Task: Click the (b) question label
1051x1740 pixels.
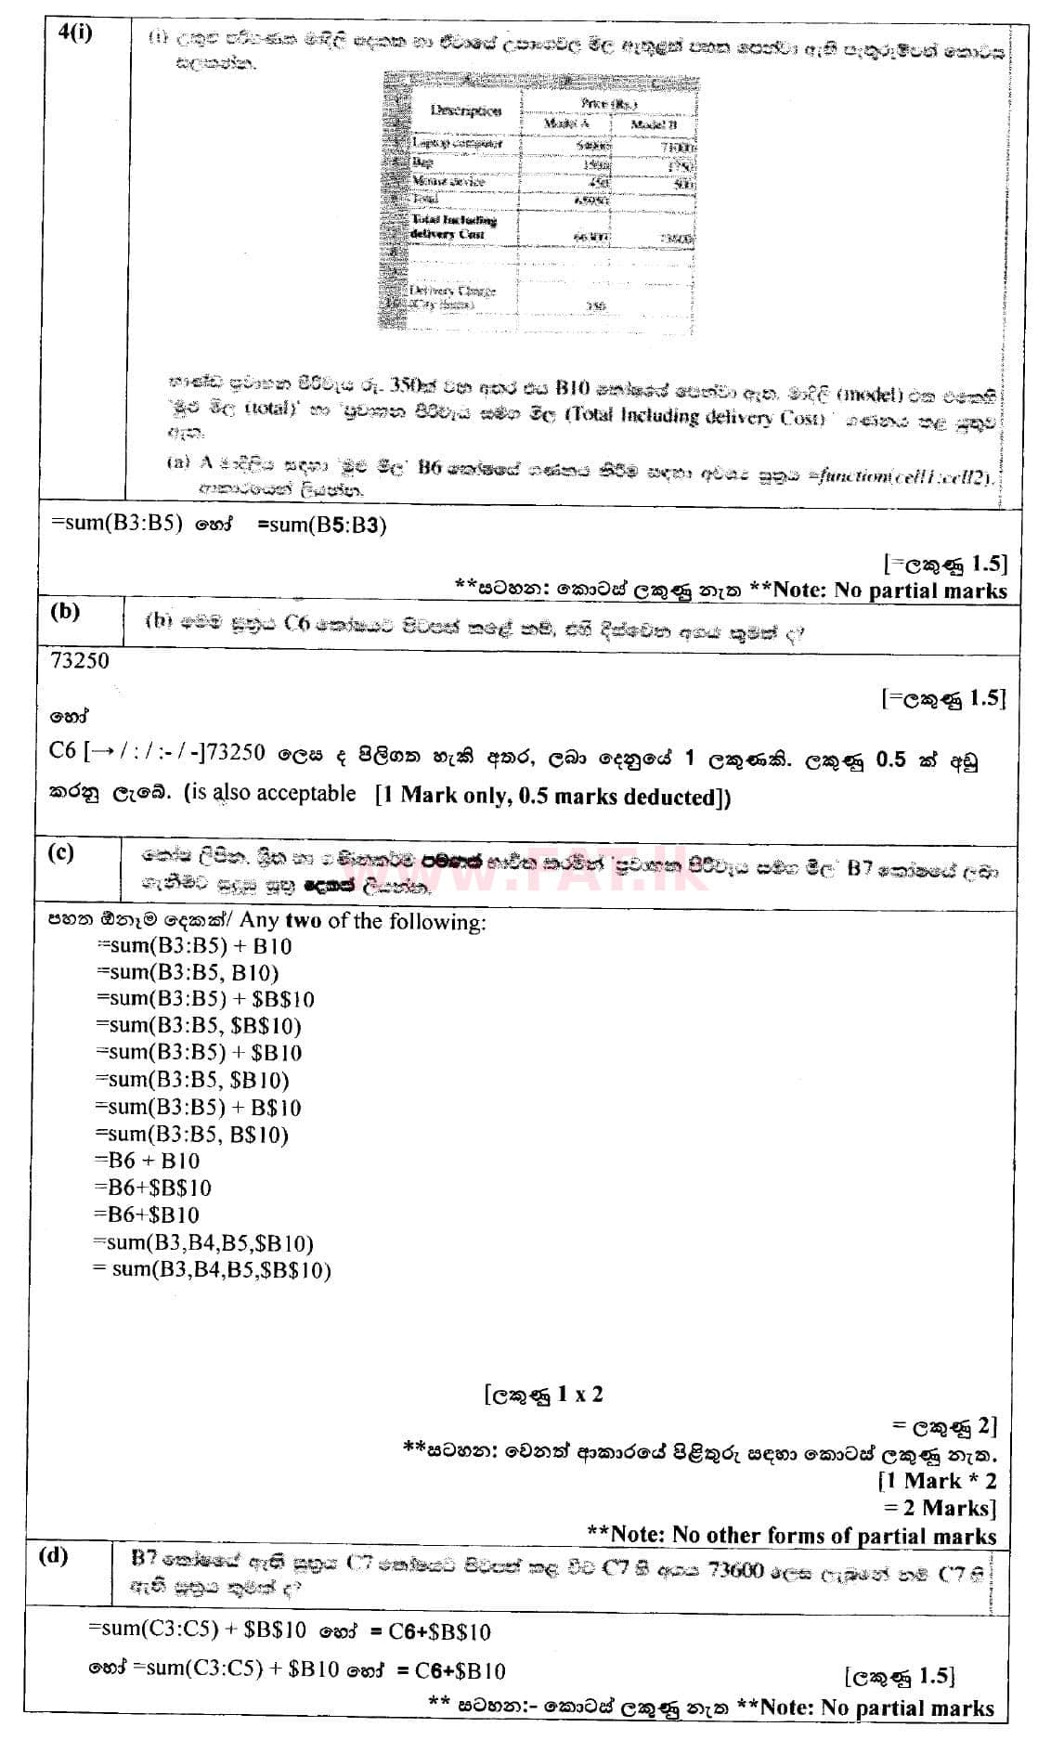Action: pyautogui.click(x=65, y=611)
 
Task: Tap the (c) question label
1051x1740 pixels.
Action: pyautogui.click(x=60, y=851)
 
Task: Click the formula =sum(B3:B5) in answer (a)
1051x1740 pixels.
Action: pyautogui.click(x=115, y=524)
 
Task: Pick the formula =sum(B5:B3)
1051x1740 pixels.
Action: pyautogui.click(x=321, y=524)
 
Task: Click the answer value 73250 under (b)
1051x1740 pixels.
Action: pyautogui.click(x=80, y=661)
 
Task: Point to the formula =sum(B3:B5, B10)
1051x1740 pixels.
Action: pyautogui.click(x=187, y=972)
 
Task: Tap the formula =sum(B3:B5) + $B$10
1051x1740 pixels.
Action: pyautogui.click(x=204, y=999)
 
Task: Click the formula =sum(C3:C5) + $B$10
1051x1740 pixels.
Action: pyautogui.click(x=197, y=1631)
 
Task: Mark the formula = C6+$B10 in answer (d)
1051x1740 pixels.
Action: pyautogui.click(x=450, y=1671)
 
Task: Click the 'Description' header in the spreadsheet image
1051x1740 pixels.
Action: pyautogui.click(x=466, y=110)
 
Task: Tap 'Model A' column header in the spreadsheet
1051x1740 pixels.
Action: pyautogui.click(x=566, y=123)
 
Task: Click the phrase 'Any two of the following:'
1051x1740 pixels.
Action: pyautogui.click(x=363, y=921)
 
